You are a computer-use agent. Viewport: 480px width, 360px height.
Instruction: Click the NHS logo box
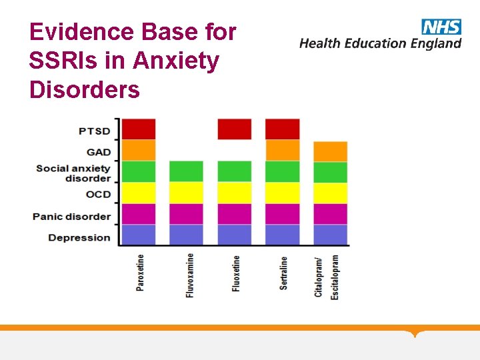point(441,27)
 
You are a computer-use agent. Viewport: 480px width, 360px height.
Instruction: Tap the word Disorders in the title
point(85,89)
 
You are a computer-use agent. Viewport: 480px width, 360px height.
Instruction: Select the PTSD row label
point(94,131)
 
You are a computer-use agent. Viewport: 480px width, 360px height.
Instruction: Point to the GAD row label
point(99,152)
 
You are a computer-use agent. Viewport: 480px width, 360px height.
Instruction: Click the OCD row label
point(98,195)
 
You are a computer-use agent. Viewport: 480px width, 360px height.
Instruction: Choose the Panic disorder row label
point(71,217)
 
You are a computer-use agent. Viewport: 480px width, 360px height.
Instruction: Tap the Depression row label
point(79,238)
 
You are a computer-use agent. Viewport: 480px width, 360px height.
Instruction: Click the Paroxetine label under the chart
point(140,273)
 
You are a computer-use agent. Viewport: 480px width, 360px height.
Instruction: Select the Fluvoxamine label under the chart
point(190,275)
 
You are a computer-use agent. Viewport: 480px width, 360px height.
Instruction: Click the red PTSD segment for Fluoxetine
point(235,129)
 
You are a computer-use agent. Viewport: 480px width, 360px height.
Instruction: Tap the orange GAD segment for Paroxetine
point(138,150)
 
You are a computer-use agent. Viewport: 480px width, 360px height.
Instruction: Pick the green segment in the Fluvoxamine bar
point(186,171)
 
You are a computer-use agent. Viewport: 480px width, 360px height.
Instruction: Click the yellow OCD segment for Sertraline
point(283,193)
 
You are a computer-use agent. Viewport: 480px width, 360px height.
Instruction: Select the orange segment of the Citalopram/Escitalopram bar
point(330,151)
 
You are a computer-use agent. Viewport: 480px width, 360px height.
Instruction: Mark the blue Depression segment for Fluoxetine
point(235,235)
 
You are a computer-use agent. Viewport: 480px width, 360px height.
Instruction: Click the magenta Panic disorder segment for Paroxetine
point(138,214)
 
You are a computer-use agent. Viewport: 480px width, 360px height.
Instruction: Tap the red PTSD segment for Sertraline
point(283,129)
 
